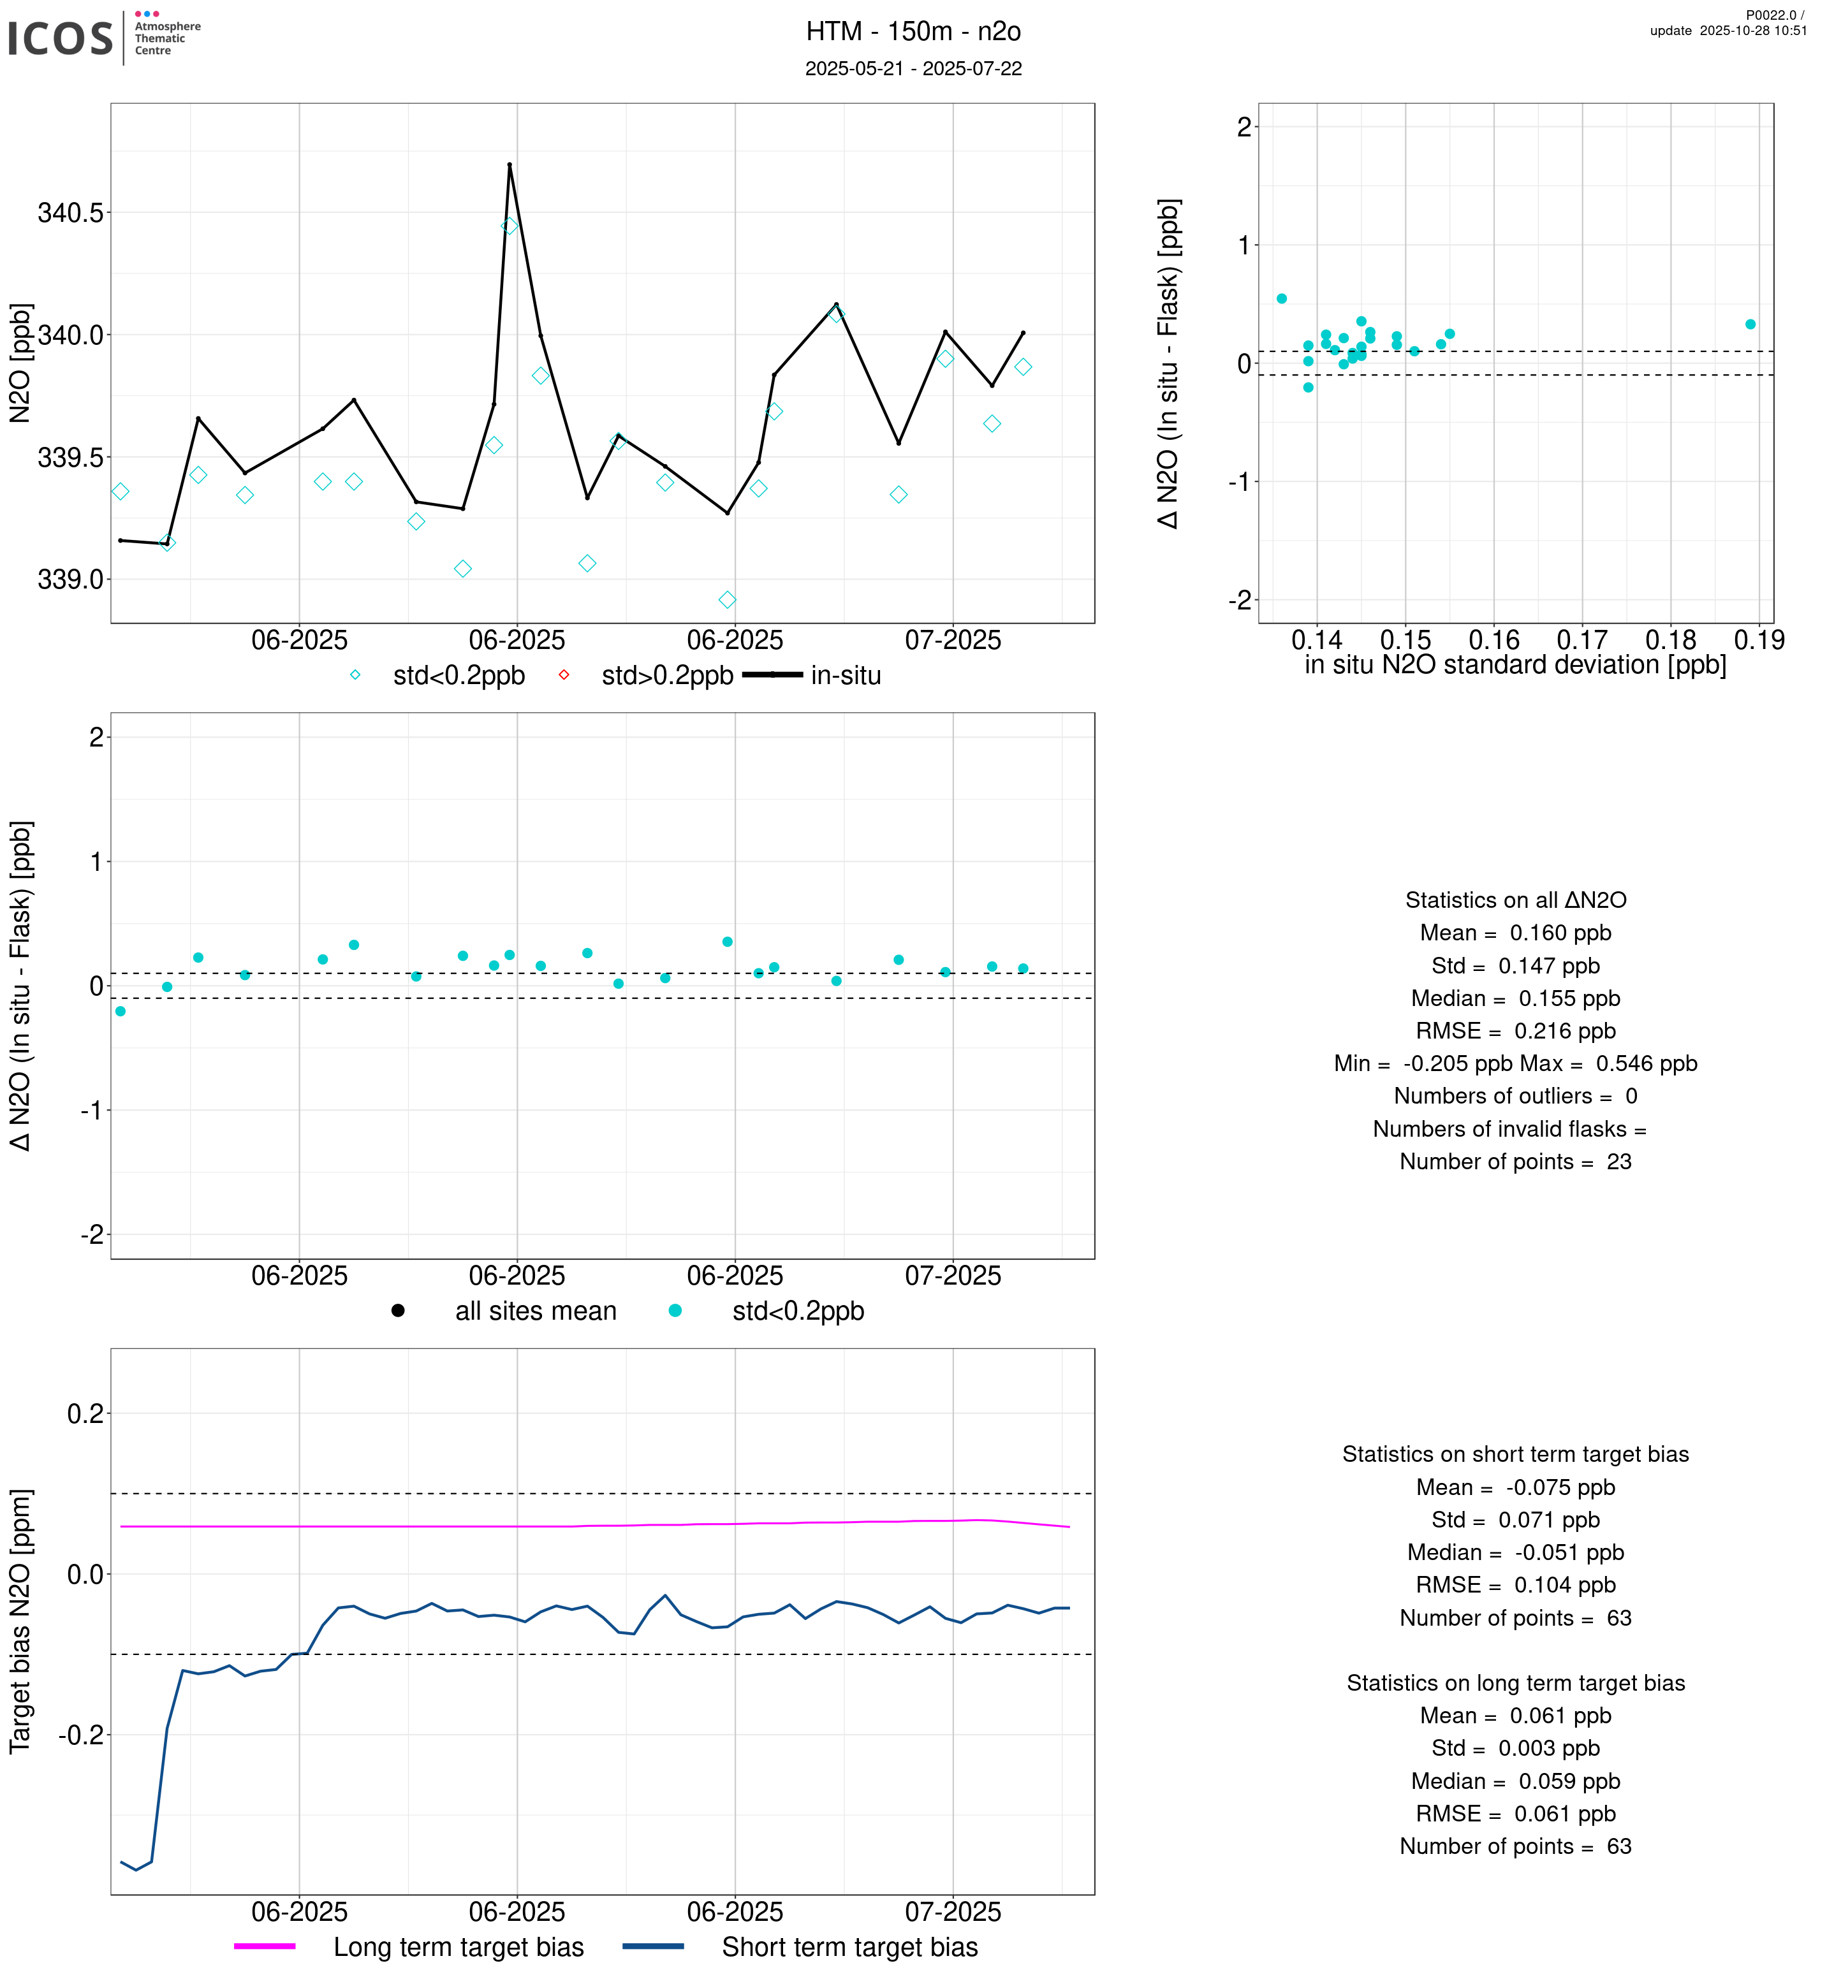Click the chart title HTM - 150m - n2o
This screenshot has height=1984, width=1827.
pos(913,32)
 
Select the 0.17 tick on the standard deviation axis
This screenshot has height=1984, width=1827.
pos(1582,641)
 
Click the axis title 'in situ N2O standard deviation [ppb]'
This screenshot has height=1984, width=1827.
pos(1515,666)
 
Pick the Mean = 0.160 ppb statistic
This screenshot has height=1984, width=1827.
pos(1515,933)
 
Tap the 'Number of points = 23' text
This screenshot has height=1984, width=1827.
pos(1515,1162)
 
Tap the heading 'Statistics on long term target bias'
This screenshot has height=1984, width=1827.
pos(1515,1684)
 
